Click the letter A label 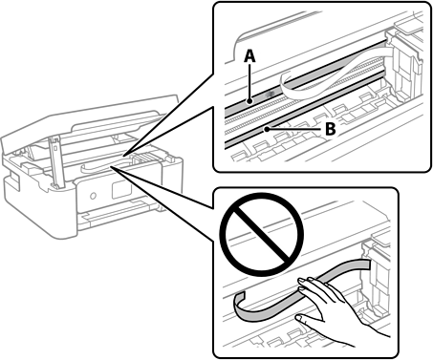click(x=249, y=56)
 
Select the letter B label click(x=330, y=129)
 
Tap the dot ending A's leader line click(x=250, y=101)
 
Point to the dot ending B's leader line click(x=267, y=129)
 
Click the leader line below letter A click(x=250, y=81)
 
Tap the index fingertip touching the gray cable click(x=300, y=280)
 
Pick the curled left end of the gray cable click(x=240, y=303)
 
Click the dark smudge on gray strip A click(x=271, y=94)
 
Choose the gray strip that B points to click(x=304, y=112)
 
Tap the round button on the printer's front click(x=93, y=196)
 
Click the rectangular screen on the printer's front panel click(x=121, y=190)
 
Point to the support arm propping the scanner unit click(x=55, y=161)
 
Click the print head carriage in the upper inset click(x=404, y=70)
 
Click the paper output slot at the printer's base click(x=118, y=217)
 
